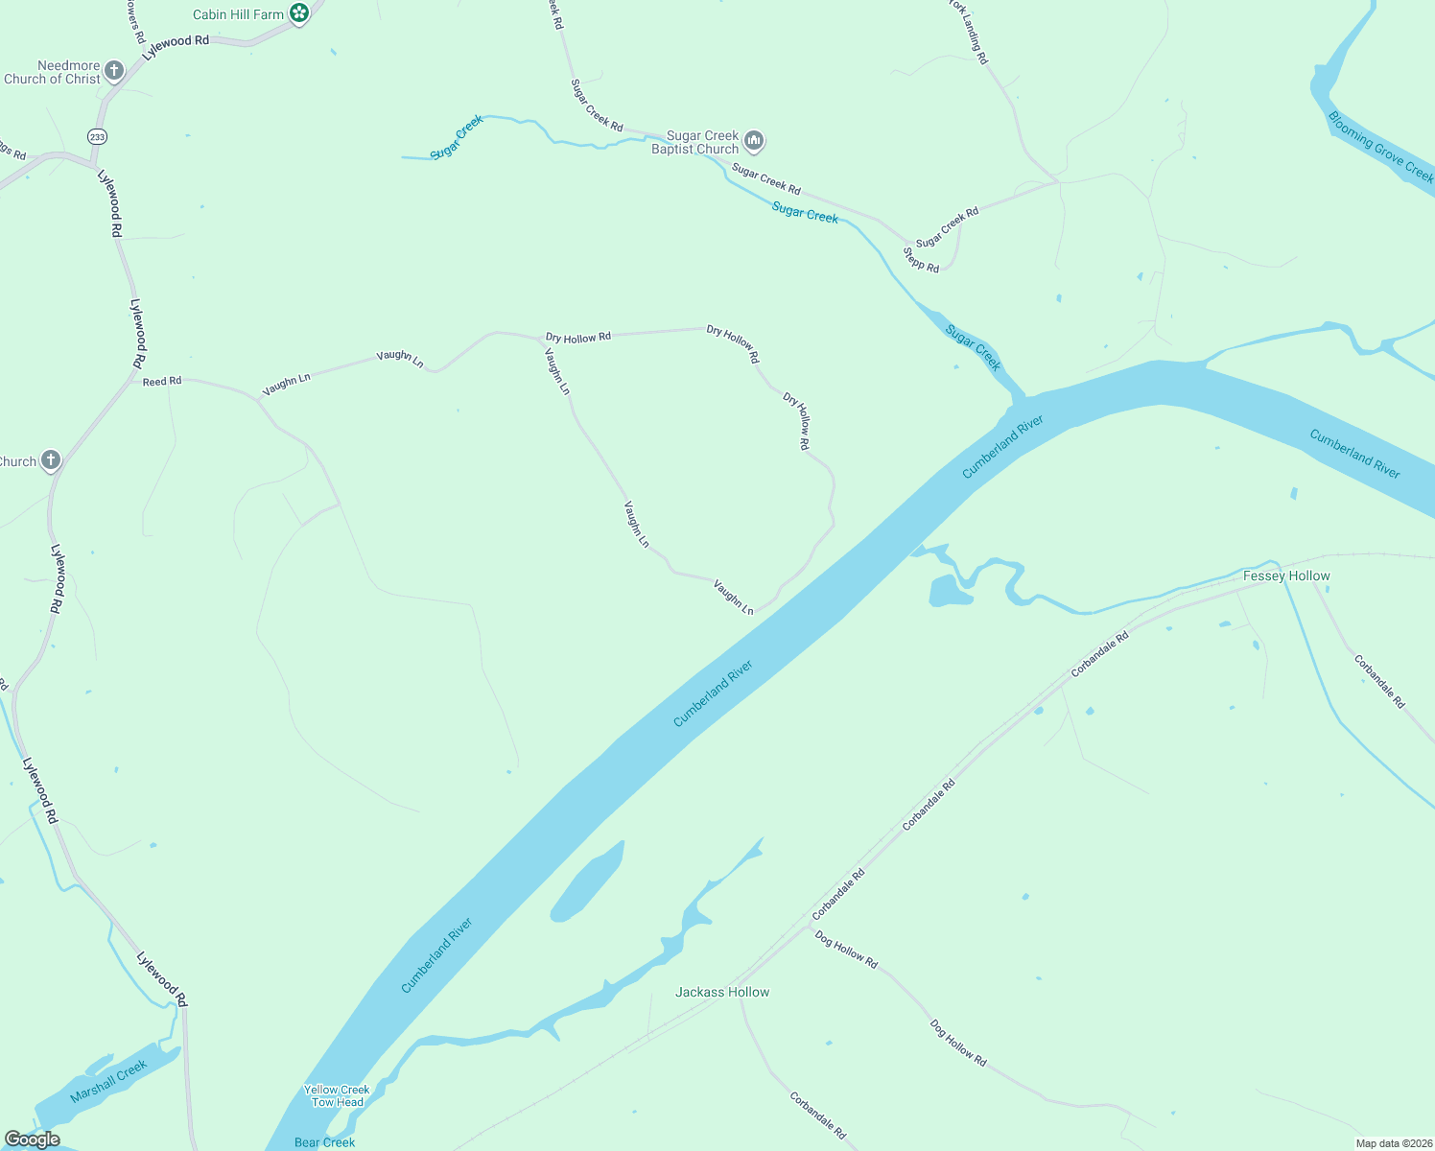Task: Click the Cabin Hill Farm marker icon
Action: (x=299, y=13)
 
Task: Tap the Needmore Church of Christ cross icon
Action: (x=114, y=70)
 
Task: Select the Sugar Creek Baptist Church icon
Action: (x=754, y=142)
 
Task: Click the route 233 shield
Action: (x=97, y=137)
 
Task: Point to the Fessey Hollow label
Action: (x=1286, y=575)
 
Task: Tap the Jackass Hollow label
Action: (x=722, y=992)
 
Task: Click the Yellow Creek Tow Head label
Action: (x=337, y=1095)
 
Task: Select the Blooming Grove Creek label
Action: (x=1380, y=147)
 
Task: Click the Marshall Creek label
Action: (x=108, y=1081)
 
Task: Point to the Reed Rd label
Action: (x=162, y=381)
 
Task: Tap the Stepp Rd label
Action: (x=921, y=260)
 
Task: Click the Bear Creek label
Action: (x=325, y=1141)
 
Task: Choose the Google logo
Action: (x=32, y=1139)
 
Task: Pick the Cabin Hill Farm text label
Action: (x=239, y=14)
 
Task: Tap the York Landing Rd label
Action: (x=969, y=32)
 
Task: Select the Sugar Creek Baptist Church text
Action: (x=695, y=142)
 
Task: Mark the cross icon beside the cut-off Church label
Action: (x=50, y=461)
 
